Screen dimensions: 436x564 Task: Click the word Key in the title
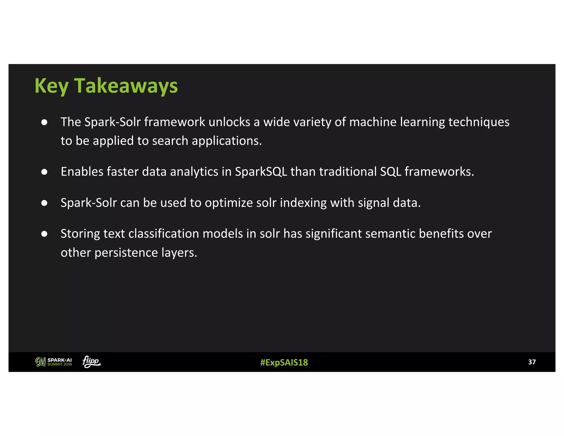[x=51, y=86]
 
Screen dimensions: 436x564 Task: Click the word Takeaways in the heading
[x=126, y=86]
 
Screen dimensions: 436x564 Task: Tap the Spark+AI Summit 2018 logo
[x=54, y=362]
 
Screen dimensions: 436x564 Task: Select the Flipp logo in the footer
[x=91, y=362]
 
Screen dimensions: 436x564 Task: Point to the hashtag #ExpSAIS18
[x=284, y=362]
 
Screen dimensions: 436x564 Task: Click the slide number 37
[x=532, y=362]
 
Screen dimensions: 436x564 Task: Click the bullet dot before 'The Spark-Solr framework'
[x=44, y=122]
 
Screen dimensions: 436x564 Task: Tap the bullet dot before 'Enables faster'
[x=44, y=172]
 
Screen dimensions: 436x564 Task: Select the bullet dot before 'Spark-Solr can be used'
[x=44, y=203]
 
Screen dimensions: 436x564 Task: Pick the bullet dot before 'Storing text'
[x=44, y=234]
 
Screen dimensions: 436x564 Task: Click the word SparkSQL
[x=261, y=172]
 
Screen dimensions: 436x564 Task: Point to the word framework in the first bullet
[x=175, y=122]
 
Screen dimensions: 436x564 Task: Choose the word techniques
[x=479, y=122]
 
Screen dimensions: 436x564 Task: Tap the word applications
[x=226, y=141]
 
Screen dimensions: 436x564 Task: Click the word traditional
[x=348, y=172]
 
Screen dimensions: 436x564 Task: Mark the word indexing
[x=303, y=203]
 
